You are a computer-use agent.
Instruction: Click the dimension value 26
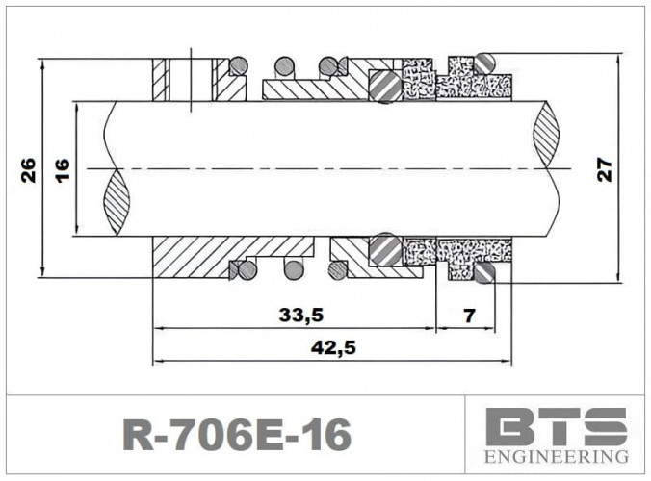(29, 169)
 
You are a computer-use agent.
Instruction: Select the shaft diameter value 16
(63, 169)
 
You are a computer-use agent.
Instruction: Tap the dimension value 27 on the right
(604, 169)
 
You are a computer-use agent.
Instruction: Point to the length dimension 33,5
(299, 315)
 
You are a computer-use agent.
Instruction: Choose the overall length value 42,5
(332, 348)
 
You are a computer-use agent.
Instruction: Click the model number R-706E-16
(237, 435)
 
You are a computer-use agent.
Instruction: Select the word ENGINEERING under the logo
(558, 456)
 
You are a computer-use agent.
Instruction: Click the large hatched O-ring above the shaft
(386, 85)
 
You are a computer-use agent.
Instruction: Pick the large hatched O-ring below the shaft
(386, 249)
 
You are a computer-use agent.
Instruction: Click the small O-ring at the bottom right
(483, 274)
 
